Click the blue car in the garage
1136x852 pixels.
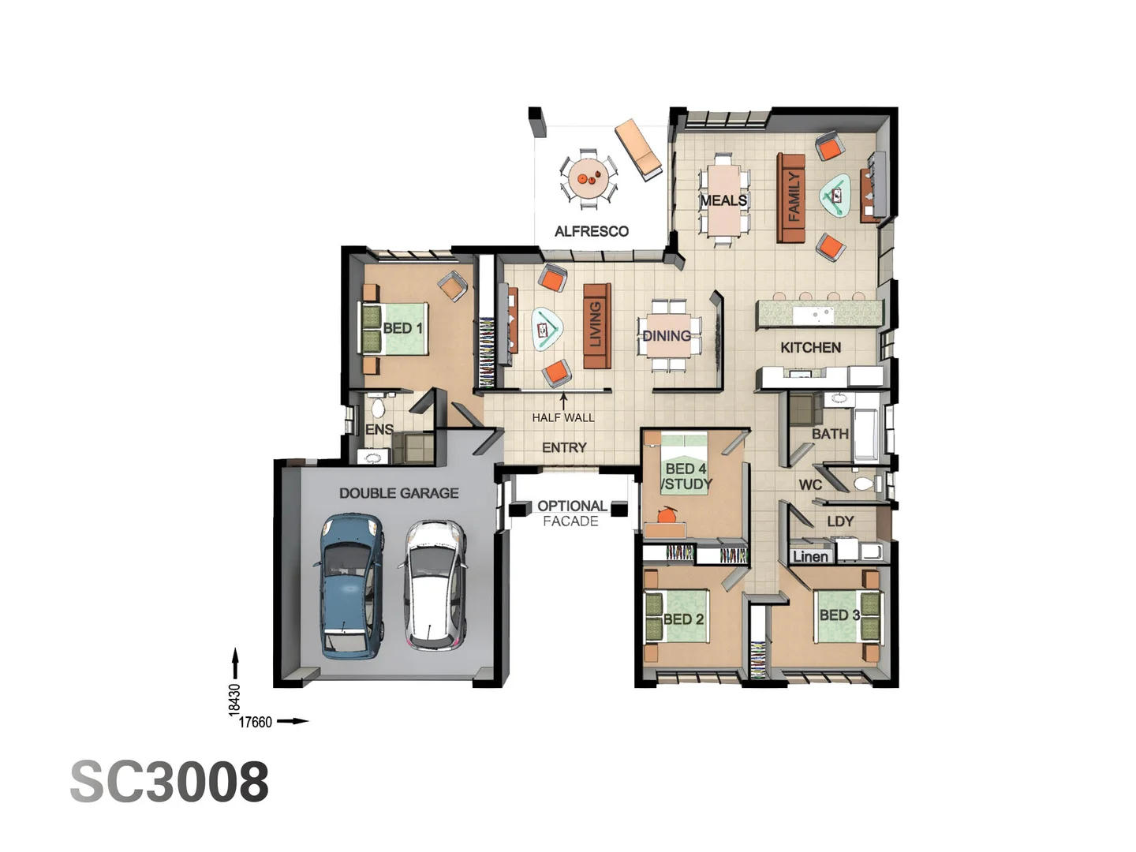coord(351,585)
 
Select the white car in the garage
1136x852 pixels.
coord(434,585)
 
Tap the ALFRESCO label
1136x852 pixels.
coord(591,231)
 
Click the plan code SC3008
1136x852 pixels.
coord(170,782)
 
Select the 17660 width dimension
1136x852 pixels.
coord(255,722)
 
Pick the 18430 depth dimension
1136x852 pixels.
coord(234,699)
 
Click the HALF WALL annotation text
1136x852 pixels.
coord(562,417)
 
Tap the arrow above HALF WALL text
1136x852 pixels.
coord(563,401)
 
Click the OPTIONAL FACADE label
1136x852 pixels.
coord(572,513)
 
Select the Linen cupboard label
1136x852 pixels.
coord(810,556)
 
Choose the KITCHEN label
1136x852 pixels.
coord(810,347)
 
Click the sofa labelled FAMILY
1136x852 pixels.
coord(791,198)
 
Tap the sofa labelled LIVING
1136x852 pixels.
coord(596,325)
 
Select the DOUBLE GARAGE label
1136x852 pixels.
coord(398,493)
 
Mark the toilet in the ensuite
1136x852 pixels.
coord(378,408)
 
